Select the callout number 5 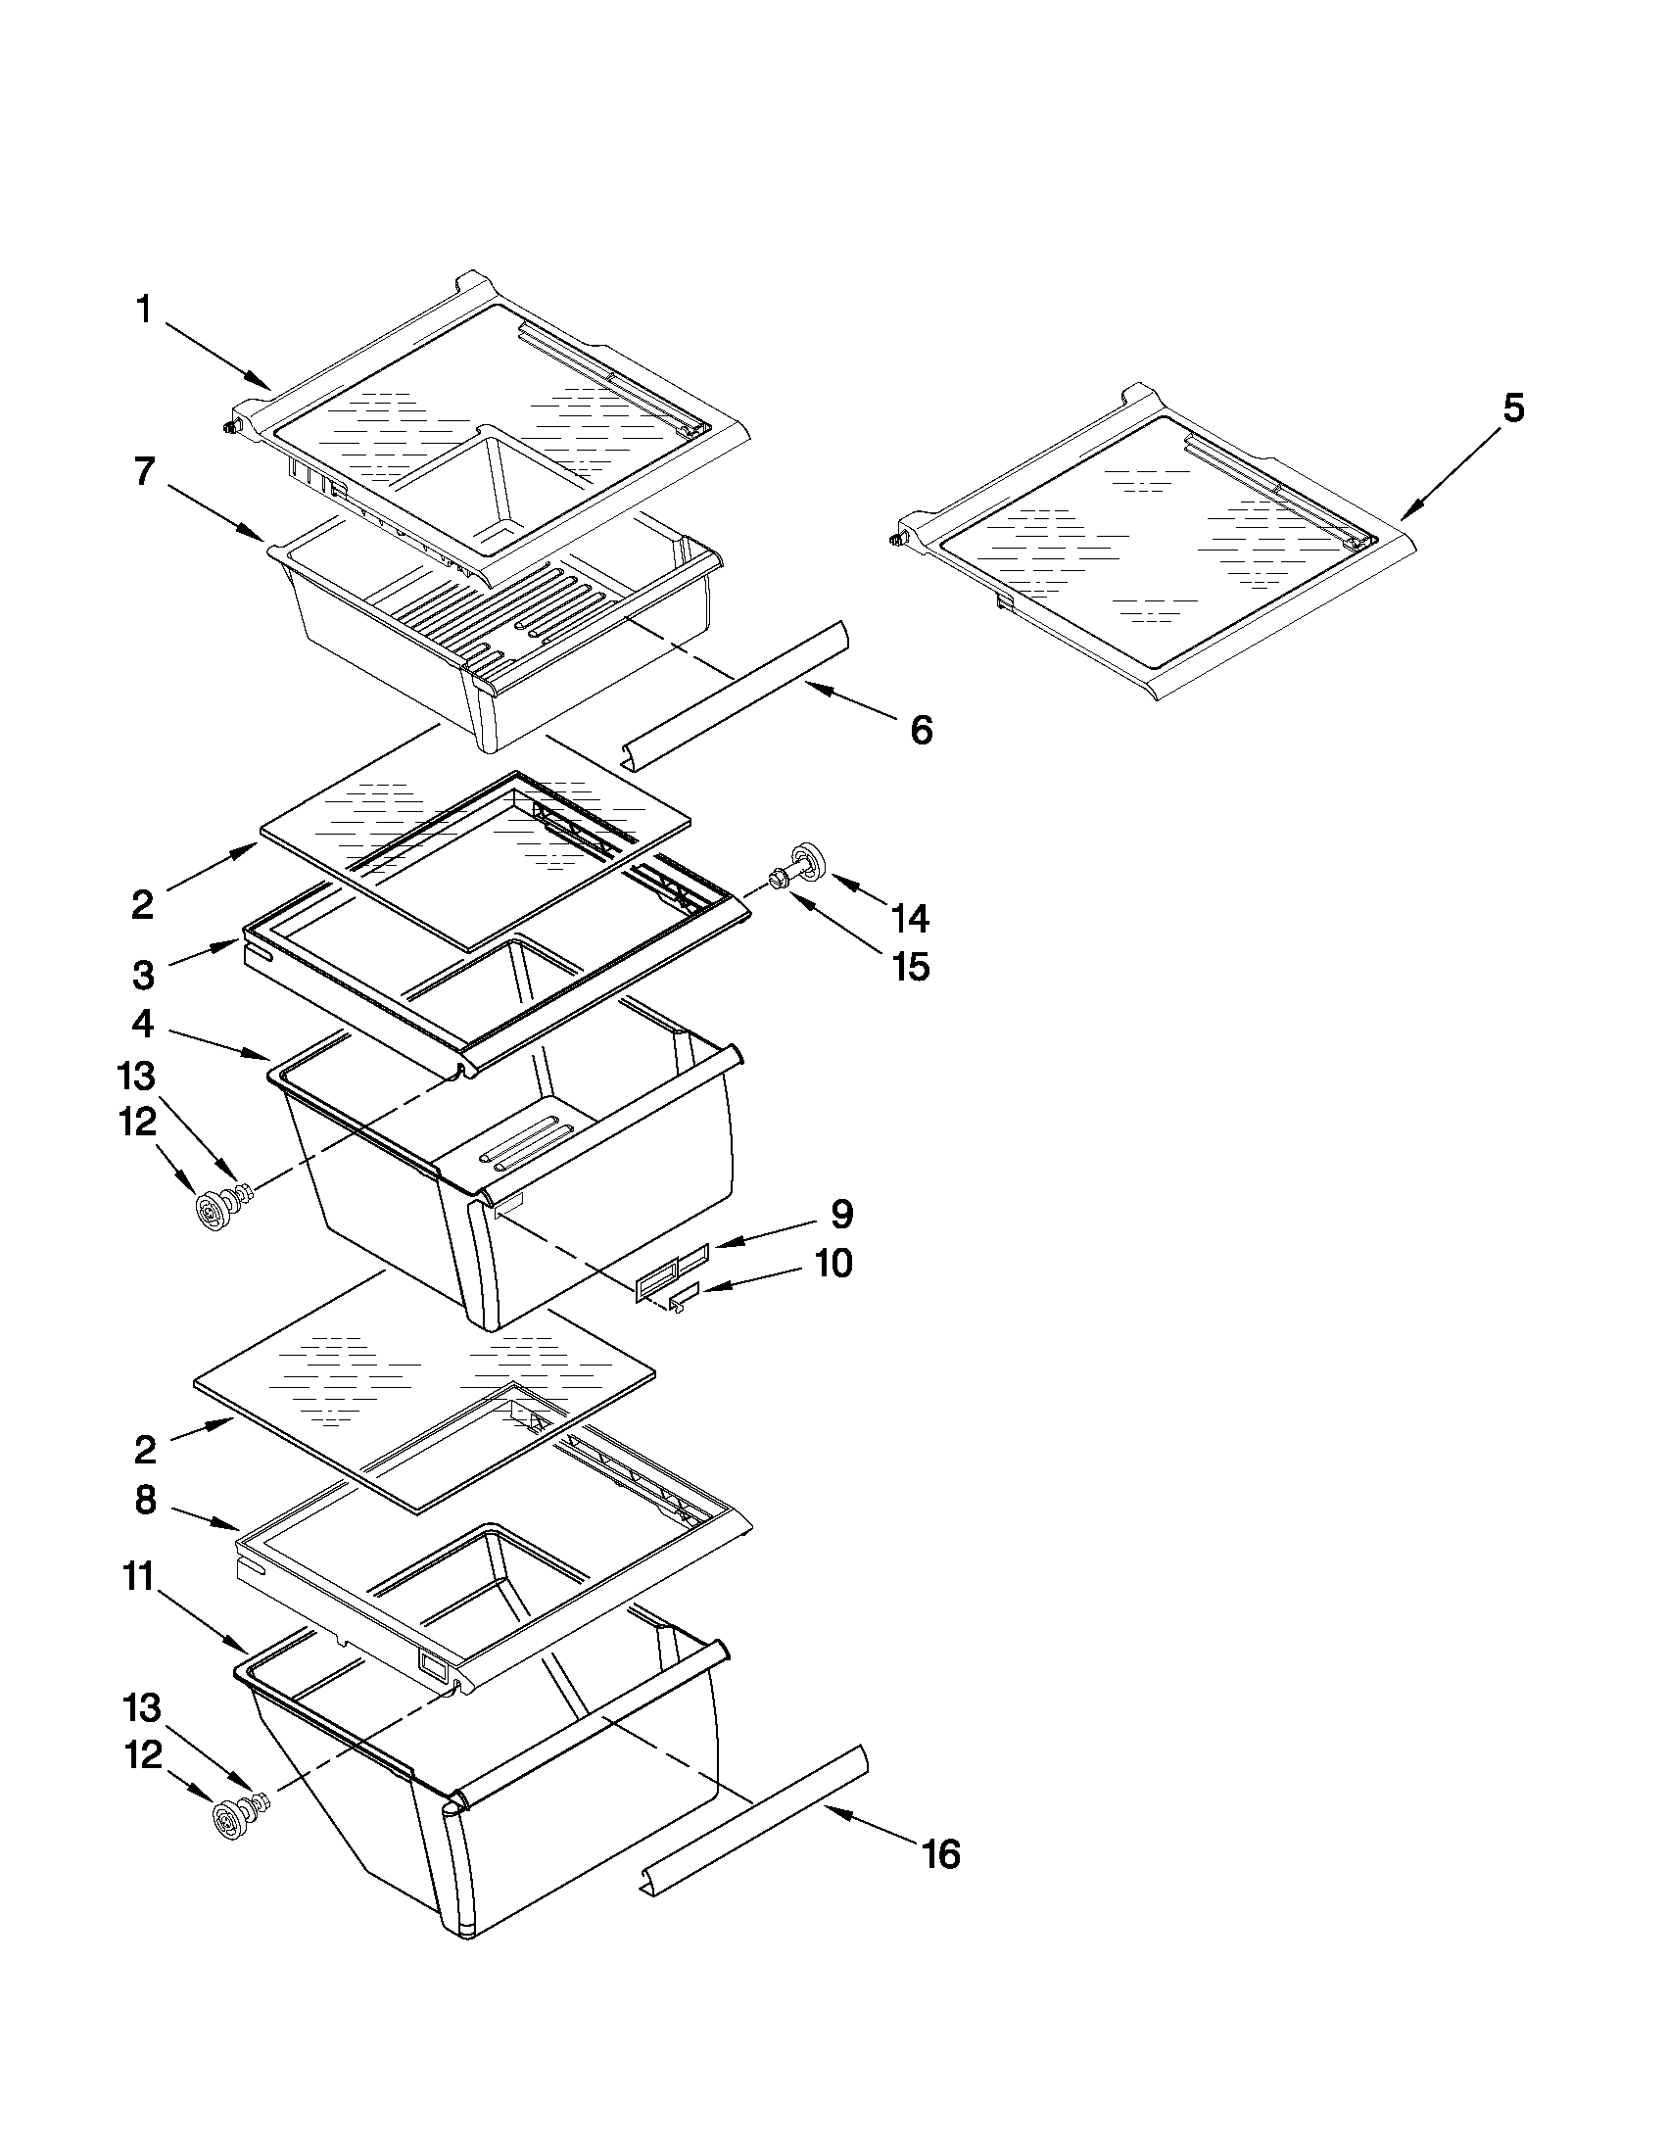1513,407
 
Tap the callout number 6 920,731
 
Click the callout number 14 910,918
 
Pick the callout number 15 910,967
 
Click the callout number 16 941,1855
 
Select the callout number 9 841,1215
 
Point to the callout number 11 139,1576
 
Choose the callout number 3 144,976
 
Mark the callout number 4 144,1024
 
